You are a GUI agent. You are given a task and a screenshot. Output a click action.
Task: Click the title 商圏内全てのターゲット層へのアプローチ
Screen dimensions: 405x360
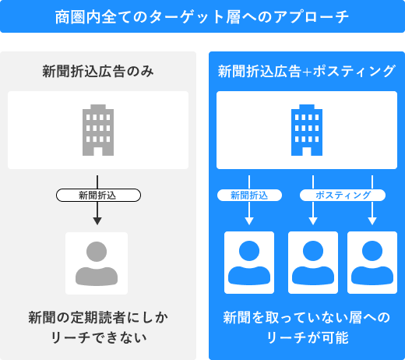pyautogui.click(x=202, y=17)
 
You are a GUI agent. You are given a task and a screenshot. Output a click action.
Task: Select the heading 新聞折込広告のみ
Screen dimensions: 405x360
pyautogui.click(x=98, y=71)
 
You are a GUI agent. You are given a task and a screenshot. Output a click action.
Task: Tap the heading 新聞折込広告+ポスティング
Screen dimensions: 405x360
pyautogui.click(x=307, y=71)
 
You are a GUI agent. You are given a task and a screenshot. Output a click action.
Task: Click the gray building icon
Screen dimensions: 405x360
pyautogui.click(x=98, y=130)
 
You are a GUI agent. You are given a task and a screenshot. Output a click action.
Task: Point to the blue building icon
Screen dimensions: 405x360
pyautogui.click(x=307, y=130)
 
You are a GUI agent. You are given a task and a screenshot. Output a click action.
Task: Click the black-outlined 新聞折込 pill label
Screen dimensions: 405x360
pyautogui.click(x=98, y=196)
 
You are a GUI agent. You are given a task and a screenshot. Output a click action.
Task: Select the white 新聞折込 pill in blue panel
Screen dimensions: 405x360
pyautogui.click(x=249, y=196)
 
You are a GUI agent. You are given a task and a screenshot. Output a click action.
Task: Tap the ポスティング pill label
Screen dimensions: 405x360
pyautogui.click(x=343, y=196)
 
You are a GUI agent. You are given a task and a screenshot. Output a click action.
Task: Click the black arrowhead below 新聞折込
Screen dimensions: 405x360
pyautogui.click(x=97, y=221)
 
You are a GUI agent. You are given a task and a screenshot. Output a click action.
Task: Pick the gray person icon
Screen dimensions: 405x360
pyautogui.click(x=97, y=263)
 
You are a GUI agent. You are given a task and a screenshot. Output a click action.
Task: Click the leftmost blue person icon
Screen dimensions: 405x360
pyautogui.click(x=249, y=263)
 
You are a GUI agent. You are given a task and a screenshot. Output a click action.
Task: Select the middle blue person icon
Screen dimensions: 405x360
pyautogui.click(x=313, y=263)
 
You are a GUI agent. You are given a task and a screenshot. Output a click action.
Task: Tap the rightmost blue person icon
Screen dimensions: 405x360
pyautogui.click(x=372, y=263)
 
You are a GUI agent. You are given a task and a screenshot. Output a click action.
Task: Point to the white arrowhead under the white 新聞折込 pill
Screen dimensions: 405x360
pyautogui.click(x=249, y=221)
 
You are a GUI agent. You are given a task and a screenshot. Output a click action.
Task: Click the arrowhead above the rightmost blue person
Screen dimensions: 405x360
pyautogui.click(x=372, y=221)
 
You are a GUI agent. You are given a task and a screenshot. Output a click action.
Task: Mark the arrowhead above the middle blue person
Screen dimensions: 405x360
pyautogui.click(x=313, y=221)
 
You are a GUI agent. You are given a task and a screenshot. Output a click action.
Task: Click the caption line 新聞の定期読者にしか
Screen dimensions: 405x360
pyautogui.click(x=98, y=317)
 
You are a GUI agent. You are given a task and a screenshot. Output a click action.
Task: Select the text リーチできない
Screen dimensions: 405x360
pyautogui.click(x=99, y=337)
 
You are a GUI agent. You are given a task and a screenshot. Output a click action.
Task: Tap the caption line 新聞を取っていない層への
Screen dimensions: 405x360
pyautogui.click(x=307, y=317)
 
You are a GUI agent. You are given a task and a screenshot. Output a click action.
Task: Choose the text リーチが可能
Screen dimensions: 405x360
pyautogui.click(x=308, y=337)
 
